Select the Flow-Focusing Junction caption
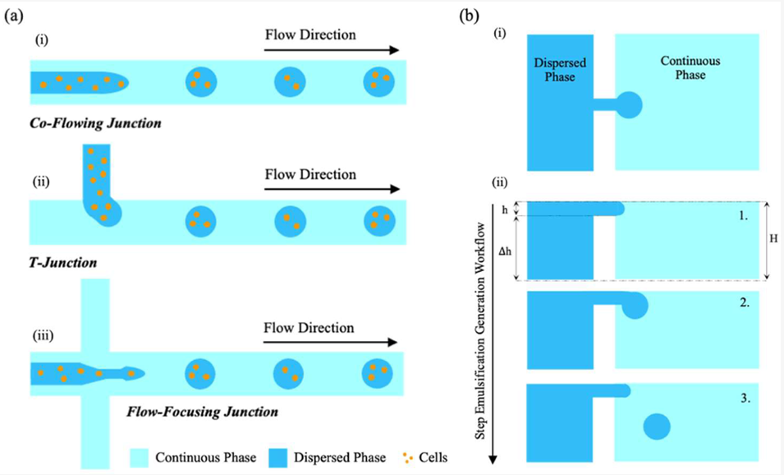(202, 410)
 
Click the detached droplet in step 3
(656, 427)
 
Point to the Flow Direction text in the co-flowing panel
(310, 35)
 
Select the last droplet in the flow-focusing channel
(378, 375)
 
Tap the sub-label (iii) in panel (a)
(47, 334)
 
